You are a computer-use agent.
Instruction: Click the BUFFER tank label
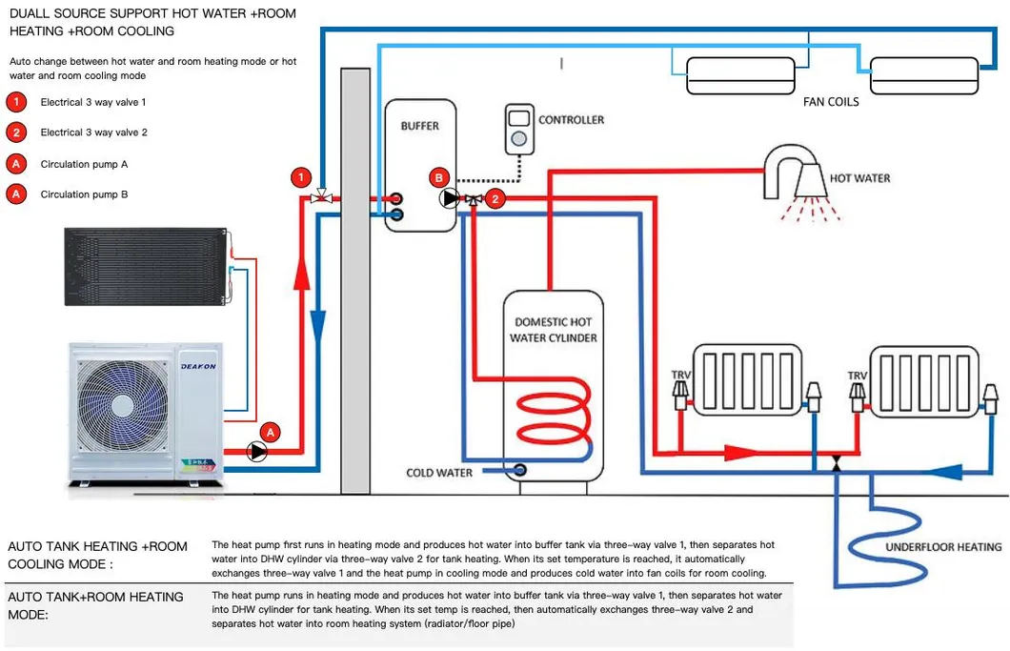(x=420, y=126)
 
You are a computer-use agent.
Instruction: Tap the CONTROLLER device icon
(x=519, y=130)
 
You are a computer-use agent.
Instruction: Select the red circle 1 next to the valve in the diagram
(x=301, y=177)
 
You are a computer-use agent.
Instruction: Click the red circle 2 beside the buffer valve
(x=495, y=199)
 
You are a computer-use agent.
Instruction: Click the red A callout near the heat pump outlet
(x=271, y=432)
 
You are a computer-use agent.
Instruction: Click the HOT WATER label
(x=859, y=178)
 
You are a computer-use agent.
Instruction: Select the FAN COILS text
(x=831, y=101)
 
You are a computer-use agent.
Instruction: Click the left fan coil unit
(x=739, y=74)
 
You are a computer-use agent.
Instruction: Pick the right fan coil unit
(x=923, y=74)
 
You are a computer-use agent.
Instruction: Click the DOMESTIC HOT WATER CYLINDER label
(x=554, y=330)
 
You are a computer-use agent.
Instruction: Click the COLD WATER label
(x=439, y=473)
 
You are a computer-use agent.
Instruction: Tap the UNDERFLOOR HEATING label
(x=943, y=547)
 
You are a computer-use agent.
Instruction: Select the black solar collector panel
(x=145, y=267)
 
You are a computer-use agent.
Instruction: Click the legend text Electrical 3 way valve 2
(x=93, y=132)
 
